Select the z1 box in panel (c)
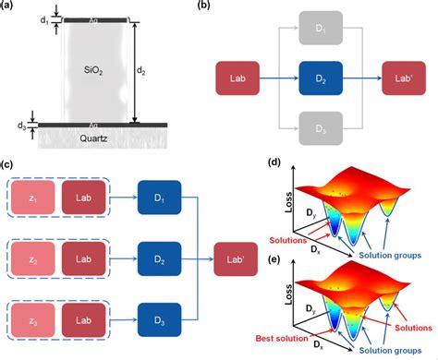33,198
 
